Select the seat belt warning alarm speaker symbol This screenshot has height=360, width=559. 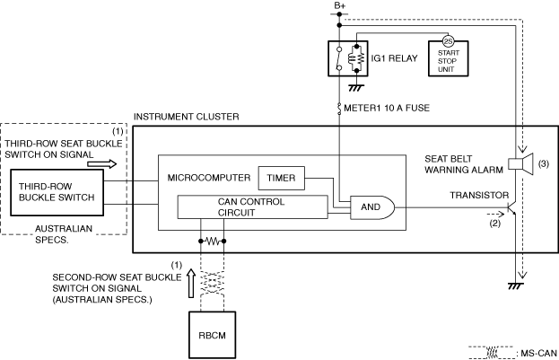(x=520, y=163)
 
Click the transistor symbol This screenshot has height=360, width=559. (x=512, y=207)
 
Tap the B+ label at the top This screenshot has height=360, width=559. (x=339, y=5)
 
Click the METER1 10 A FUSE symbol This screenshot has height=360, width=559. (x=339, y=109)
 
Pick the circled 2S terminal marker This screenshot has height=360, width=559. (x=448, y=41)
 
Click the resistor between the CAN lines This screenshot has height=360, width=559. (x=213, y=241)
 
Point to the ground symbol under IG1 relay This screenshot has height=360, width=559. (x=356, y=87)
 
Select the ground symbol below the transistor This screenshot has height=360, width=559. (x=516, y=286)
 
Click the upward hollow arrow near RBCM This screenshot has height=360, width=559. (x=191, y=284)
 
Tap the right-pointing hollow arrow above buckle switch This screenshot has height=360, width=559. (x=102, y=164)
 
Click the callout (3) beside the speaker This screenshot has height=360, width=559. (x=544, y=163)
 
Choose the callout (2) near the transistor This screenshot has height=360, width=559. (x=494, y=224)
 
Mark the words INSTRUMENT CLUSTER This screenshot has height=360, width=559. (x=186, y=117)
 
